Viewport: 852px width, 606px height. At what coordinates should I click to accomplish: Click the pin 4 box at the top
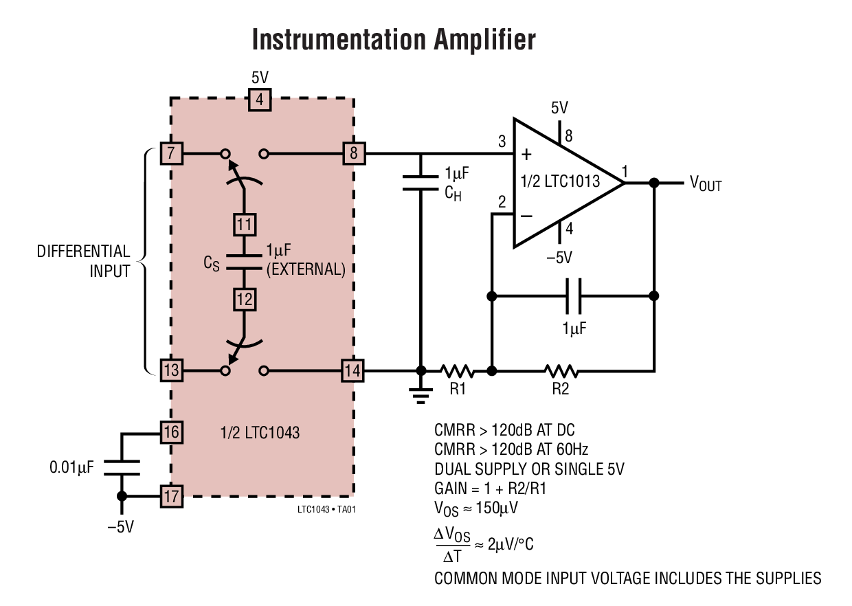(x=259, y=100)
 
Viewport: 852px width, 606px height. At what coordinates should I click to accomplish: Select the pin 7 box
(x=171, y=153)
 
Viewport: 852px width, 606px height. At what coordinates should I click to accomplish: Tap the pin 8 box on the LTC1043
(x=354, y=153)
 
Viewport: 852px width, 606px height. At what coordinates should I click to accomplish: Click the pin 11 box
(x=244, y=224)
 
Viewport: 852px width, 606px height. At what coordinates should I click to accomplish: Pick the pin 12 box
(x=244, y=299)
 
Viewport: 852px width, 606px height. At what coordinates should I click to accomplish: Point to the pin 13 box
(x=171, y=371)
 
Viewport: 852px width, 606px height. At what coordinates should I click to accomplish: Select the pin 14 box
(x=353, y=371)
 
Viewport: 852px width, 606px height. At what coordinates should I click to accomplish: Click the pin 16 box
(x=171, y=432)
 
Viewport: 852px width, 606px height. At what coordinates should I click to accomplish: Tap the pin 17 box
(x=171, y=495)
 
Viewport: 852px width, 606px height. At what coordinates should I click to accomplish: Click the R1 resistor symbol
(x=457, y=371)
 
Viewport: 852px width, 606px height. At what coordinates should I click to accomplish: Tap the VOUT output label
(x=706, y=183)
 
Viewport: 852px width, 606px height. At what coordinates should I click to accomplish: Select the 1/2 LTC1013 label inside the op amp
(x=561, y=182)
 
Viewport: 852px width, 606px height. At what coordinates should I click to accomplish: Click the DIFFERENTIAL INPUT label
(x=83, y=261)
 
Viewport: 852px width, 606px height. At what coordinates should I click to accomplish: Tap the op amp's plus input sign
(x=526, y=153)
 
